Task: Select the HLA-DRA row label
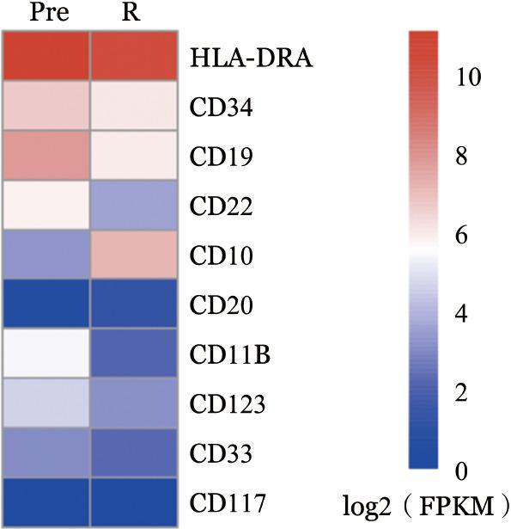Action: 238,58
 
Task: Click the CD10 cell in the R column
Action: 134,255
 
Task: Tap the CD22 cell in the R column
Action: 134,206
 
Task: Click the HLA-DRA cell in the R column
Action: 134,58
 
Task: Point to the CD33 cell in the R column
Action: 134,451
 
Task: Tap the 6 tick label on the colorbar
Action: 462,237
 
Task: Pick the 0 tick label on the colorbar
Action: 462,471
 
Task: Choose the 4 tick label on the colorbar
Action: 462,315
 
